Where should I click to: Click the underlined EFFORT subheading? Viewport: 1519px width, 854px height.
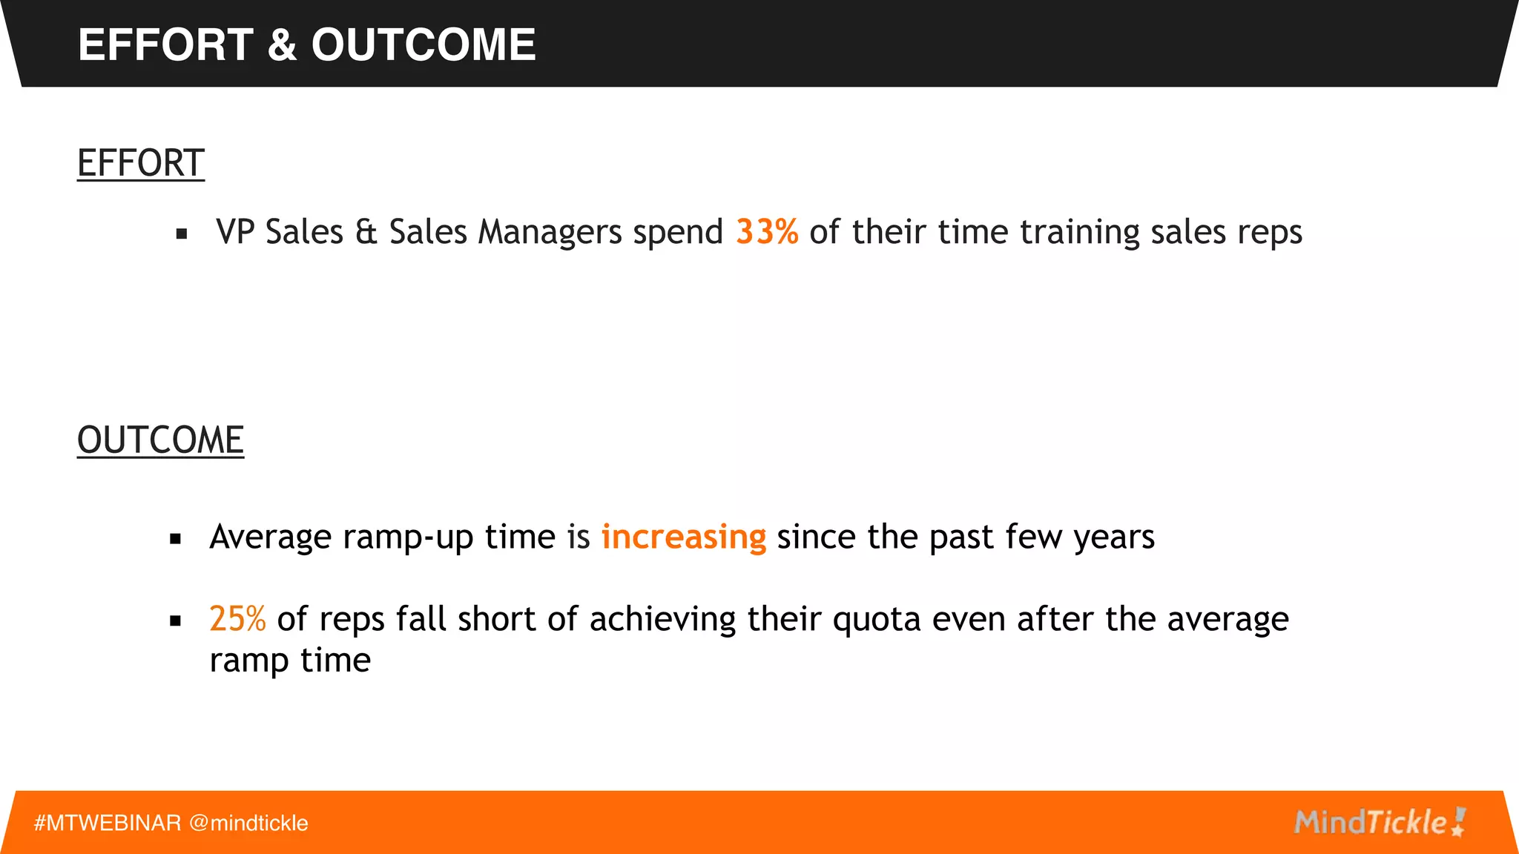[x=141, y=163]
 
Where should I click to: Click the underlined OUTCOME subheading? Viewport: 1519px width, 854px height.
[x=160, y=440]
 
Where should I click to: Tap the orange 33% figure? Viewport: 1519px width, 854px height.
[x=767, y=232]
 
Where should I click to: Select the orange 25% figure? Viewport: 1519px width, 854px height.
[x=237, y=619]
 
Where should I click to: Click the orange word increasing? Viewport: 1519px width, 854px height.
[x=683, y=537]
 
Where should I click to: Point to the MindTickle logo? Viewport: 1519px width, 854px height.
[x=1379, y=822]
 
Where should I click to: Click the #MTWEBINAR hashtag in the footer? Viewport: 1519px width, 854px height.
[x=108, y=823]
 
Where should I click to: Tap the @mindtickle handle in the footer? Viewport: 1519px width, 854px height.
[x=248, y=823]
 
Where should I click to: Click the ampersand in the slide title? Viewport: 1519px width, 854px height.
[x=282, y=44]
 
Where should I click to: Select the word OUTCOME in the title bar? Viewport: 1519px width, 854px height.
[x=424, y=44]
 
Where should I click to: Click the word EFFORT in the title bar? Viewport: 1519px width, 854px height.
[x=165, y=44]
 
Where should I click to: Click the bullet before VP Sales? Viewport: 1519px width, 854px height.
[x=182, y=234]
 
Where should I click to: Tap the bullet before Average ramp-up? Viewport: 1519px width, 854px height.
[x=176, y=539]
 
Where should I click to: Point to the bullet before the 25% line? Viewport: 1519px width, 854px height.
[x=176, y=621]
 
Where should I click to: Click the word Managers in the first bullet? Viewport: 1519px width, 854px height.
[x=550, y=233]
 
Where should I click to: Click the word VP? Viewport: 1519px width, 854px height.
[x=235, y=232]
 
